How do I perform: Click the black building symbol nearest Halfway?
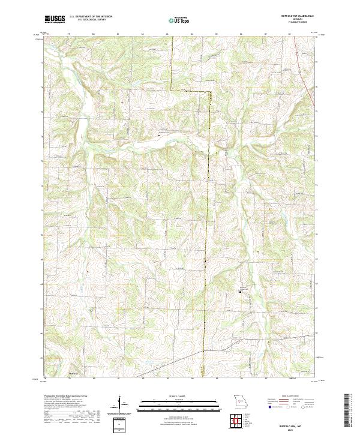click(91, 310)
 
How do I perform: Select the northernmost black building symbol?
click(159, 134)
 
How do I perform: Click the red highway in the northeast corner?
click(310, 90)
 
